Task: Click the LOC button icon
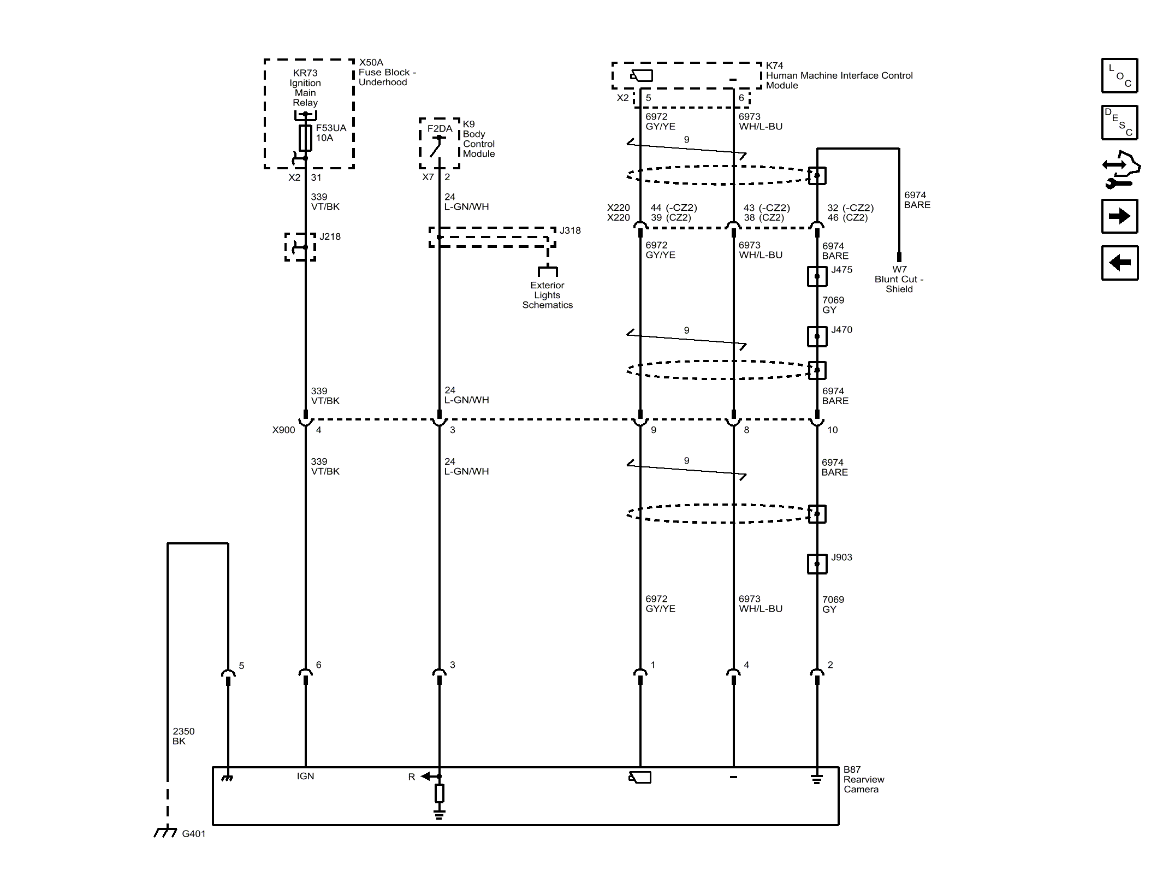[x=1119, y=75]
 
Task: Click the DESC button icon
[x=1119, y=122]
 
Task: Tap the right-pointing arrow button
[x=1119, y=216]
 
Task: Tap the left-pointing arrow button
[x=1119, y=263]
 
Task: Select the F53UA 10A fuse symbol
[x=305, y=138]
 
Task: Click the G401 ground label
[x=193, y=834]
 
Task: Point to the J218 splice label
[x=330, y=236]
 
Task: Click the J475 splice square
[x=817, y=276]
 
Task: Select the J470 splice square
[x=817, y=336]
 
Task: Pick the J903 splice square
[x=817, y=564]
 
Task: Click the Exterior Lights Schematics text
[x=547, y=295]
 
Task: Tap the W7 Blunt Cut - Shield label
[x=899, y=279]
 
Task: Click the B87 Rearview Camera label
[x=863, y=779]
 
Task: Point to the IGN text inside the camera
[x=305, y=776]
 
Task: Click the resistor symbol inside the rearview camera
[x=439, y=793]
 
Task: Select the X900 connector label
[x=283, y=430]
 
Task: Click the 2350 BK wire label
[x=183, y=736]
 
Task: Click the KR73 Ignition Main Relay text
[x=305, y=87]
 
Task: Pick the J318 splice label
[x=570, y=230]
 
